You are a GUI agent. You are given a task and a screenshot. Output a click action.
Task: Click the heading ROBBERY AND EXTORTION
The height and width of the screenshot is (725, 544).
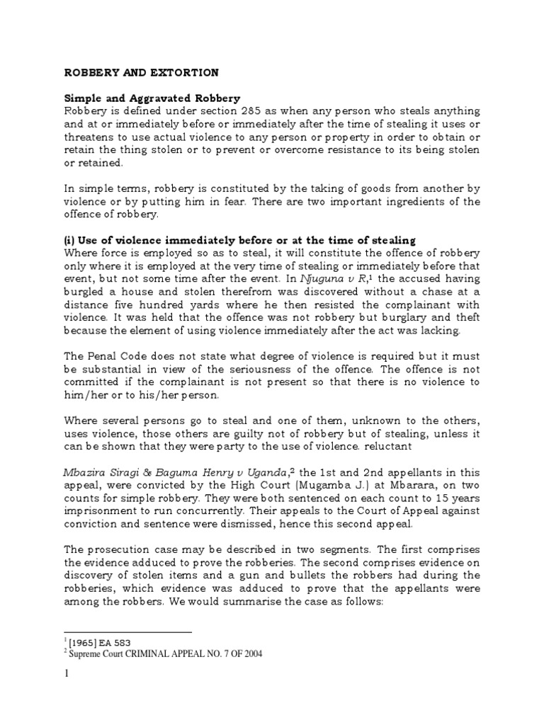(142, 73)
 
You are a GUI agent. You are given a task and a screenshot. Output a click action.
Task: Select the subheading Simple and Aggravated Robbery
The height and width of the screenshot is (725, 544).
(152, 98)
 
